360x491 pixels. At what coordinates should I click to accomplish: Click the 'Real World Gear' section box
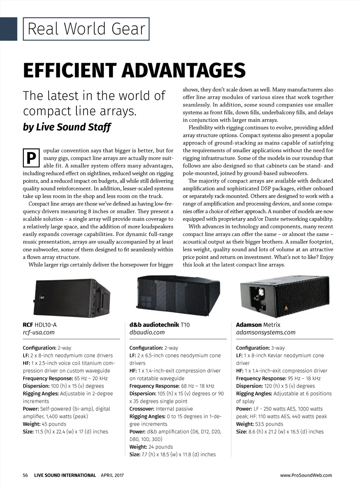(x=86, y=29)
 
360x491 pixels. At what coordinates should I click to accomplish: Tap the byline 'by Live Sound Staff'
(x=67, y=127)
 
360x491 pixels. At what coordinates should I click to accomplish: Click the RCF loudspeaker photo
(x=72, y=297)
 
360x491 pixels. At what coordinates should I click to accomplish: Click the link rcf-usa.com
(x=39, y=332)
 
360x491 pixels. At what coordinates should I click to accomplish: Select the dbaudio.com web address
(x=147, y=332)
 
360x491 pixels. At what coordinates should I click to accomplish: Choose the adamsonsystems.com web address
(x=266, y=332)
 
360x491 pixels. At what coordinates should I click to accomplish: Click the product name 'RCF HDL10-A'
(x=39, y=325)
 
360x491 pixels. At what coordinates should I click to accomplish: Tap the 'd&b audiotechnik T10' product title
(x=159, y=325)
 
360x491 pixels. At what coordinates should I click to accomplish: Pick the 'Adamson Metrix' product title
(x=258, y=325)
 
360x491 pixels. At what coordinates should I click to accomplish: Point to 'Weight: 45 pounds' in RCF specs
(x=44, y=424)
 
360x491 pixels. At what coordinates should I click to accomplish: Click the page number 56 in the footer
(x=25, y=475)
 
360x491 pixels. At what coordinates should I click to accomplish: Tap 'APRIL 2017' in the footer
(x=112, y=475)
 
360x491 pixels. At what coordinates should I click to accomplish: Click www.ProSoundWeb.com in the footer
(x=306, y=475)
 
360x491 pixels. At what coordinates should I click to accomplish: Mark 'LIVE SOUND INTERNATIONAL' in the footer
(x=65, y=475)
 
